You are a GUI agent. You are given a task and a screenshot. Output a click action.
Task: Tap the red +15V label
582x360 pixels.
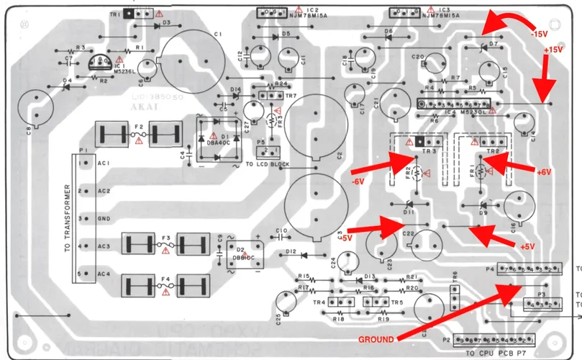pos(553,49)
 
